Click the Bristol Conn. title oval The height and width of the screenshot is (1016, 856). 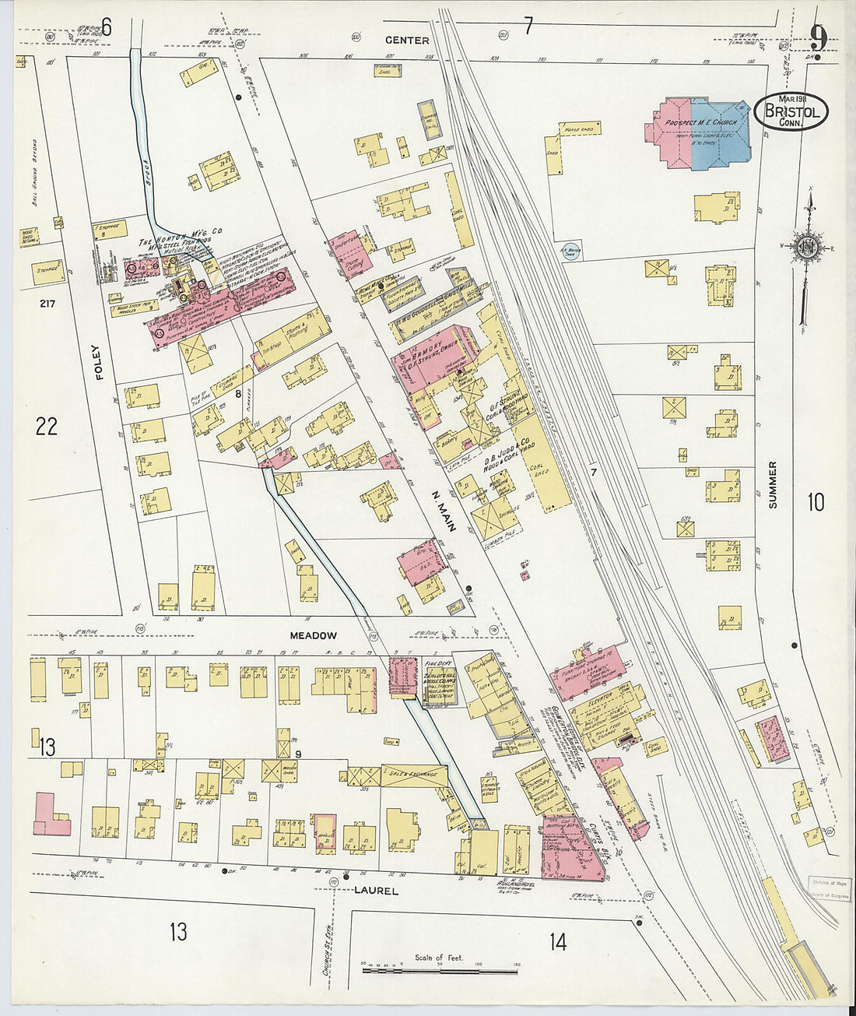[791, 113]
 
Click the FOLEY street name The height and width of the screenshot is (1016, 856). [99, 362]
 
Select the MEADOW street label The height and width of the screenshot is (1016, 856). [313, 635]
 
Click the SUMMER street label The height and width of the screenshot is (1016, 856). [773, 484]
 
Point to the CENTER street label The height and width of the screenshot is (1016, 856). [406, 40]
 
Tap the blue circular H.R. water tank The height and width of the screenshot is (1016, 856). [572, 251]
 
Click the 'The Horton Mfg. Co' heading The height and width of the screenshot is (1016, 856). [181, 242]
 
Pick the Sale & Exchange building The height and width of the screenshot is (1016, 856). [413, 775]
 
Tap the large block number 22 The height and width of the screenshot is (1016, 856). [47, 426]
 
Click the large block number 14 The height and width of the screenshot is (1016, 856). [557, 942]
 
